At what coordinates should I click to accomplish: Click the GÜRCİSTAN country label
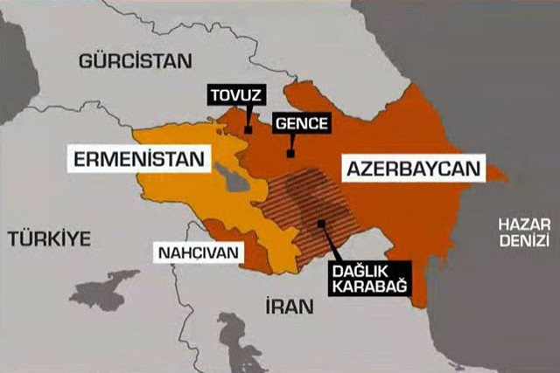tap(134, 61)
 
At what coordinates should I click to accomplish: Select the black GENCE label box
tap(301, 123)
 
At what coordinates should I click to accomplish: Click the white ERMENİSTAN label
tap(141, 160)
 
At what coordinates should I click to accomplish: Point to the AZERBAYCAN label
tap(414, 169)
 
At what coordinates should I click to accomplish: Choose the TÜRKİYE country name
tap(50, 238)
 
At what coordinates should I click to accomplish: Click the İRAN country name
tap(284, 306)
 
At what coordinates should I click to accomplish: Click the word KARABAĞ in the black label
tap(367, 282)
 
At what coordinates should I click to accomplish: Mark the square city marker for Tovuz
tap(248, 130)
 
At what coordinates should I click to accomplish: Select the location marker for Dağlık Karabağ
tap(322, 223)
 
